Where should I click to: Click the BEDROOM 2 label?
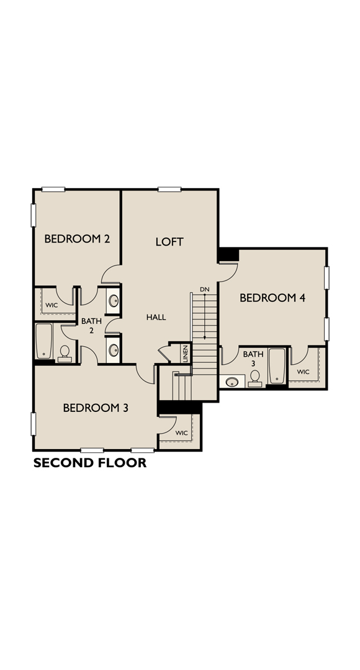coord(77,239)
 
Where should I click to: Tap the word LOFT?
coord(169,242)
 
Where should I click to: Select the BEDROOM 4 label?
coord(272,298)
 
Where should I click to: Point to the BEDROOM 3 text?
coord(96,408)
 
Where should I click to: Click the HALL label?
coord(156,317)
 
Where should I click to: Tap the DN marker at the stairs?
coord(205,290)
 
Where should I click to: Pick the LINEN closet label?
coord(185,354)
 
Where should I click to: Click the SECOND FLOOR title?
coord(90,463)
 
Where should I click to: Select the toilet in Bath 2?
coord(64,353)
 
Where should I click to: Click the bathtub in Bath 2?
coord(43,341)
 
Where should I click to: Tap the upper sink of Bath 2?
coord(114,301)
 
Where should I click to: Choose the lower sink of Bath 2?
coord(114,351)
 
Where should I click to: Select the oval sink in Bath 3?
coord(233,381)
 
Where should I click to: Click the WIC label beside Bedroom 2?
coord(52,305)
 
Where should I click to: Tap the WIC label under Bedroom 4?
coord(303,372)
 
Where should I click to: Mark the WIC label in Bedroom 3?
coord(181,433)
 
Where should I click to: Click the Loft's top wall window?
coord(169,190)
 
